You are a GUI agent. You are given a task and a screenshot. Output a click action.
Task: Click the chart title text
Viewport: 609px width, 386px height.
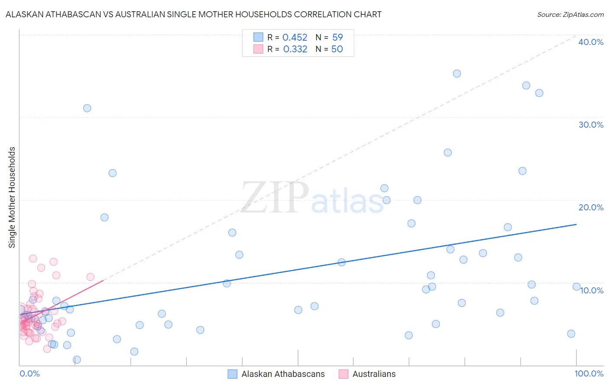[x=193, y=14]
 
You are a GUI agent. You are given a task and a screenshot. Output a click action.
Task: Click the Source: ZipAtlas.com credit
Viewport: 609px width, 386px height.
[x=570, y=14]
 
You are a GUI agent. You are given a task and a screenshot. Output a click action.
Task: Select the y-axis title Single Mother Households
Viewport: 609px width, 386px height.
[x=12, y=197]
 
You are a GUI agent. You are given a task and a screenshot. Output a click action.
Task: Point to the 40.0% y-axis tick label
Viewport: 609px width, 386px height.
[x=590, y=42]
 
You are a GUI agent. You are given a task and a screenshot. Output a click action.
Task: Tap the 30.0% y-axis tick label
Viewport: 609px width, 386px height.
[x=590, y=125]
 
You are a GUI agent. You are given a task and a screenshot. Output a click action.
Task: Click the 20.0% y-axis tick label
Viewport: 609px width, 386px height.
[x=590, y=207]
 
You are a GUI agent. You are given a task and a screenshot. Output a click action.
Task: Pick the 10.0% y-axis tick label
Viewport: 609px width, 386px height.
[x=591, y=290]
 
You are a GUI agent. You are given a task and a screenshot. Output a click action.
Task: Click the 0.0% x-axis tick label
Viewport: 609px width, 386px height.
[x=29, y=373]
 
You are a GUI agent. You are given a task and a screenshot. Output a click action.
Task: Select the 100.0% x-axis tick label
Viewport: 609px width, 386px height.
[x=589, y=373]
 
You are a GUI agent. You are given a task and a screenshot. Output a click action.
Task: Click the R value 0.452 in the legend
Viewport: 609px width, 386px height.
[x=295, y=38]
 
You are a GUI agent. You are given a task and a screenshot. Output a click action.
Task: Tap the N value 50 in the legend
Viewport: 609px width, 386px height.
[x=337, y=49]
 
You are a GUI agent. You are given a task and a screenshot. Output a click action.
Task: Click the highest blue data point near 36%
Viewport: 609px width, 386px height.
[x=457, y=74]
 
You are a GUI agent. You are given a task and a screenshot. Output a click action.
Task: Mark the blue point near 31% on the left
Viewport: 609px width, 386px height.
[x=87, y=108]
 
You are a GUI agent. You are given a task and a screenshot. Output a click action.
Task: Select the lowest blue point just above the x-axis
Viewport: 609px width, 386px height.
[x=77, y=360]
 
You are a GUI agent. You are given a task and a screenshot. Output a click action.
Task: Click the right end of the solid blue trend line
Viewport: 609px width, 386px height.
[x=576, y=225]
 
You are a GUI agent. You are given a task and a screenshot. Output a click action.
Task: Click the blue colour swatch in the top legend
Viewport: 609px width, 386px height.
[x=258, y=37]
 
